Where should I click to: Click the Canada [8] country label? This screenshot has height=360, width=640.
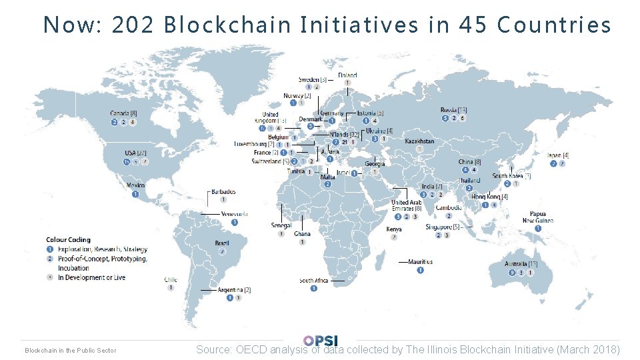pyautogui.click(x=124, y=113)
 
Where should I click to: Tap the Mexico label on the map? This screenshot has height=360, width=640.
pyautogui.click(x=135, y=185)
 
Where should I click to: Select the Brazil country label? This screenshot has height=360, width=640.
pyautogui.click(x=222, y=243)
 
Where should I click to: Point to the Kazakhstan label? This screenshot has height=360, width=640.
pyautogui.click(x=419, y=141)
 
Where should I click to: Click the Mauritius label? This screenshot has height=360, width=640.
pyautogui.click(x=420, y=262)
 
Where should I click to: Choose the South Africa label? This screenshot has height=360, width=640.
pyautogui.click(x=313, y=281)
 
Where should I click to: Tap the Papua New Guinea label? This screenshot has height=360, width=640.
pyautogui.click(x=537, y=217)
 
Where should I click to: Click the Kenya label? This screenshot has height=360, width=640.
pyautogui.click(x=394, y=229)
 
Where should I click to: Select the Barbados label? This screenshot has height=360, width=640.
pyautogui.click(x=223, y=192)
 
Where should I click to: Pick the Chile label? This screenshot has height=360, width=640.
pyautogui.click(x=171, y=280)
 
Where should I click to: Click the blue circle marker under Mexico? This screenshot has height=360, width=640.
pyautogui.click(x=135, y=195)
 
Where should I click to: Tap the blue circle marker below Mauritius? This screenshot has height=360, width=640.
pyautogui.click(x=420, y=271)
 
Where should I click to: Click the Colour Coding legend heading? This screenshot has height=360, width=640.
pyautogui.click(x=68, y=240)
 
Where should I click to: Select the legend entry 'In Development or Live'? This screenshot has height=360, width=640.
pyautogui.click(x=91, y=277)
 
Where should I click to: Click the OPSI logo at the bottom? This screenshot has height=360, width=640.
pyautogui.click(x=320, y=341)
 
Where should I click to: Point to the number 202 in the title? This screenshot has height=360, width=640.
pyautogui.click(x=134, y=25)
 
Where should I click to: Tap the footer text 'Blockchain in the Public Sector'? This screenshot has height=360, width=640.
pyautogui.click(x=70, y=351)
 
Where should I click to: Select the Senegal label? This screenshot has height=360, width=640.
pyautogui.click(x=281, y=226)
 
